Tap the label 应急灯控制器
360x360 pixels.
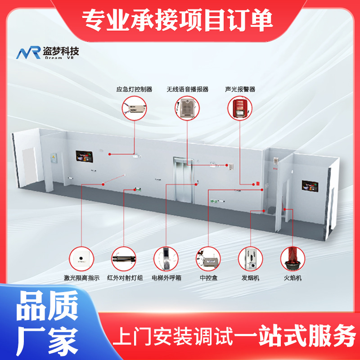(134, 89)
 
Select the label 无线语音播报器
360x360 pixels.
(188, 89)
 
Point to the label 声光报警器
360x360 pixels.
(240, 89)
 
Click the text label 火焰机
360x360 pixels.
(292, 278)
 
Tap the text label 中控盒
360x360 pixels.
(208, 278)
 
